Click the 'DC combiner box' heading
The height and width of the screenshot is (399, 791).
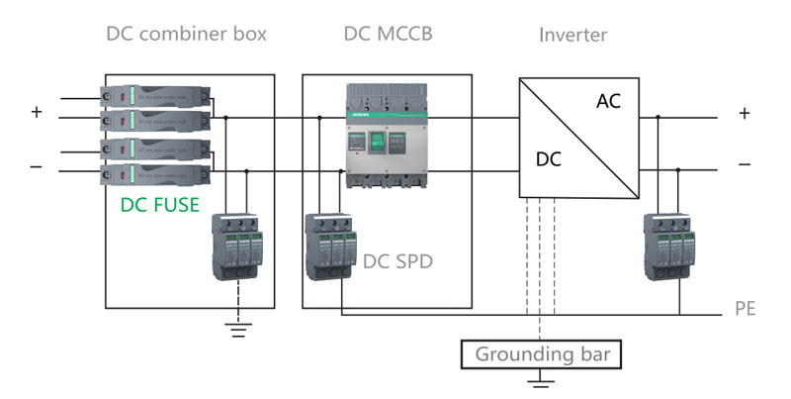coord(186,35)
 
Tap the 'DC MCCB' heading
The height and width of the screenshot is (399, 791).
coord(388,35)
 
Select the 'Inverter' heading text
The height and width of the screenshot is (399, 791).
coord(572,36)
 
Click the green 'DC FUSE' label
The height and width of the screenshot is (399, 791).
coord(159,205)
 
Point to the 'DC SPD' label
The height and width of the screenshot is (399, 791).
coord(397,261)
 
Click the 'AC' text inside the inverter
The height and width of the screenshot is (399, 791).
coord(609,101)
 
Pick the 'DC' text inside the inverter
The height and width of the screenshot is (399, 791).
coord(549,158)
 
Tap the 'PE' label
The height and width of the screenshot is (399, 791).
coord(746,310)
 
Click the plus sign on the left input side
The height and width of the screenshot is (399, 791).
coord(37,113)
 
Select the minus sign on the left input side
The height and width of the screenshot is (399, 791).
coord(37,166)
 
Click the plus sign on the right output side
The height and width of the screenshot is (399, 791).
coord(745,113)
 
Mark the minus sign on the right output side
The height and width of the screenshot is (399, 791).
coord(745,163)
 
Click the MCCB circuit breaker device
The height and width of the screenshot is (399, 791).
coord(388,136)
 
